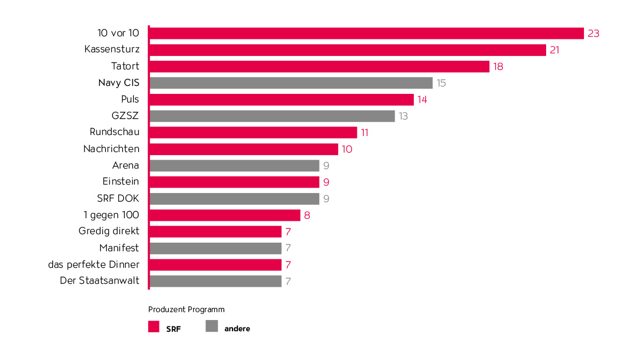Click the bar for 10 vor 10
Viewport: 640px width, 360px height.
[x=366, y=33]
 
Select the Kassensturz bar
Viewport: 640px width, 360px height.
[x=347, y=50]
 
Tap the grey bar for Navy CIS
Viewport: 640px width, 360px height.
[x=291, y=83]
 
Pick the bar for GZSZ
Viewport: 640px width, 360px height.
[x=272, y=116]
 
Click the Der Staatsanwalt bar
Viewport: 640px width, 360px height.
[x=215, y=281]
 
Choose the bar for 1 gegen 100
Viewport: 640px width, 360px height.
[x=225, y=215]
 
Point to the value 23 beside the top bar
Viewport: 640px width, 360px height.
[x=594, y=34]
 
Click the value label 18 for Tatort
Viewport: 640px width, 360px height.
[x=499, y=67]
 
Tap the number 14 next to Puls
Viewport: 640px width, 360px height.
[x=422, y=100]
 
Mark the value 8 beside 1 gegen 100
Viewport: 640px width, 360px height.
[x=307, y=215]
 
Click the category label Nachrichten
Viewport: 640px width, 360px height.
[x=111, y=149]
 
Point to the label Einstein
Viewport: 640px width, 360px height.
[x=121, y=182]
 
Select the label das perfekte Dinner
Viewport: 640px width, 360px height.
[x=93, y=265]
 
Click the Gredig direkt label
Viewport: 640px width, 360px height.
[x=108, y=231]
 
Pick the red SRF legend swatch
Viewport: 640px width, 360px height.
[x=154, y=327]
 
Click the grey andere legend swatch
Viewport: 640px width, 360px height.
[x=212, y=326]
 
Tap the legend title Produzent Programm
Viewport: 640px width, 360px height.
[x=186, y=309]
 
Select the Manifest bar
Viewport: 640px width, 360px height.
[x=215, y=248]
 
